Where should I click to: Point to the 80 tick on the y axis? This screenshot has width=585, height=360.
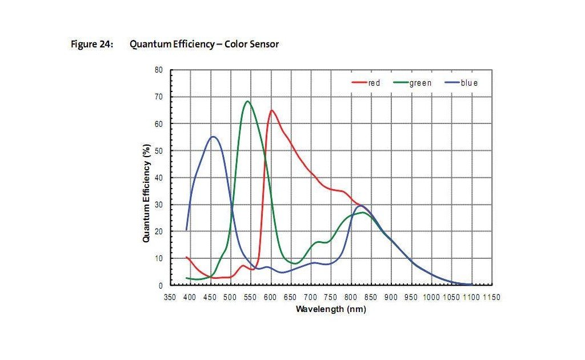pyautogui.click(x=159, y=70)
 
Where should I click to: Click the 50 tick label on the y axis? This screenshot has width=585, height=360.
pyautogui.click(x=159, y=151)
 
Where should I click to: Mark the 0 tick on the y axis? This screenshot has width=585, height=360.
pyautogui.click(x=161, y=285)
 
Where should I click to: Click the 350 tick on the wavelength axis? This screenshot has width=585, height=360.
pyautogui.click(x=170, y=297)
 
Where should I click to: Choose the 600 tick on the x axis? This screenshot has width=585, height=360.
pyautogui.click(x=270, y=297)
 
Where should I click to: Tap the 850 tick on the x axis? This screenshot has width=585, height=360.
pyautogui.click(x=371, y=297)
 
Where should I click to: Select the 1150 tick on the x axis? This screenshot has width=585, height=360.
pyautogui.click(x=491, y=297)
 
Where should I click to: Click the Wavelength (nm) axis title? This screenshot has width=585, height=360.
pyautogui.click(x=331, y=309)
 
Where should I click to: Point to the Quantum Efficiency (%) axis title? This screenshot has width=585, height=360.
pyautogui.click(x=146, y=193)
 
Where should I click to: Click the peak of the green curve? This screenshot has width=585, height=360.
pyautogui.click(x=247, y=101)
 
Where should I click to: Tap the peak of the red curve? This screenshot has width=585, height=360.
pyautogui.click(x=271, y=110)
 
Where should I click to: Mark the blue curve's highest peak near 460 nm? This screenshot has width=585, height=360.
pyautogui.click(x=213, y=137)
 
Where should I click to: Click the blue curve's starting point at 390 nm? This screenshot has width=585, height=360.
pyautogui.click(x=186, y=230)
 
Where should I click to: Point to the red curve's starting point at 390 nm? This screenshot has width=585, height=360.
pyautogui.click(x=186, y=257)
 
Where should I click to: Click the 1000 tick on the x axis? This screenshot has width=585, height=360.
pyautogui.click(x=431, y=297)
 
